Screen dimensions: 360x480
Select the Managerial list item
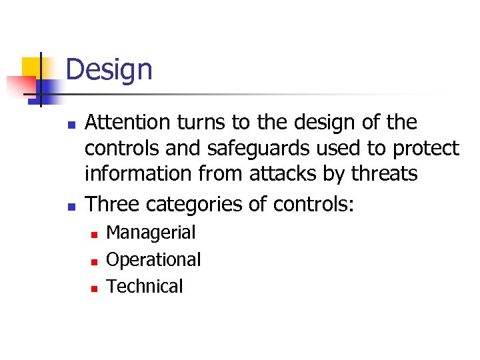(x=151, y=233)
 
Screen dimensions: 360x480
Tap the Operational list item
(x=153, y=259)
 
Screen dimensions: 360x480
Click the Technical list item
(x=144, y=286)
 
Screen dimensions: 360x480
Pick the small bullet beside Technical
(x=94, y=288)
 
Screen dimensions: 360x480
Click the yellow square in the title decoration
(x=31, y=67)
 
